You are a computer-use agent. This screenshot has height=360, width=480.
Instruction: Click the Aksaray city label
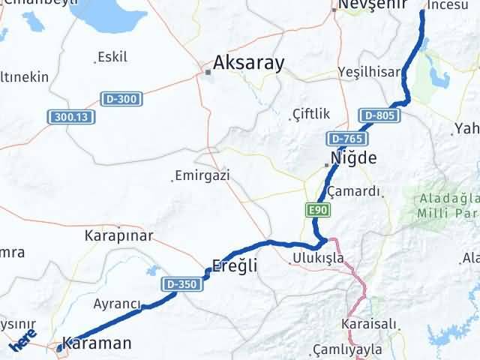click(248, 63)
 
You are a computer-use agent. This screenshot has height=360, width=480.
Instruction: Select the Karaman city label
click(97, 343)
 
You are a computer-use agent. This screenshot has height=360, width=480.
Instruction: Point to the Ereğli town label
click(235, 266)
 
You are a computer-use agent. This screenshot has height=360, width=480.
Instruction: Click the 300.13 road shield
click(71, 117)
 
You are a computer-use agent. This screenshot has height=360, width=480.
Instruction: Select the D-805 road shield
click(379, 115)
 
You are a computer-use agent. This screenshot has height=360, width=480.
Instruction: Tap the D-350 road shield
click(180, 284)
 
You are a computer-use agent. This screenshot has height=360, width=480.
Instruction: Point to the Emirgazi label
click(201, 176)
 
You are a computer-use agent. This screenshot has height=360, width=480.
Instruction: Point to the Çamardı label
click(354, 191)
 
